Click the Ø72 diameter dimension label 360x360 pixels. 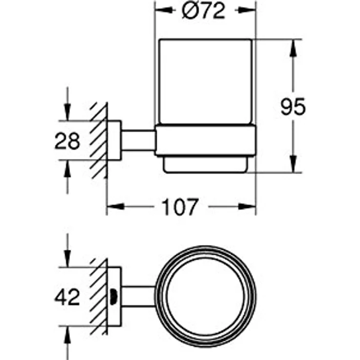click(203, 11)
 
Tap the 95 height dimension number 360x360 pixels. click(293, 106)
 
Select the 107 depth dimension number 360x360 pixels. click(180, 207)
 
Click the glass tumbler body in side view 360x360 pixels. click(206, 82)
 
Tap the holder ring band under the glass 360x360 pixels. click(205, 140)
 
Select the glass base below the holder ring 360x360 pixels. click(206, 164)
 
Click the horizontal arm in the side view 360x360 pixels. click(138, 140)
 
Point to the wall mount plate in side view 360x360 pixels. click(114, 140)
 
